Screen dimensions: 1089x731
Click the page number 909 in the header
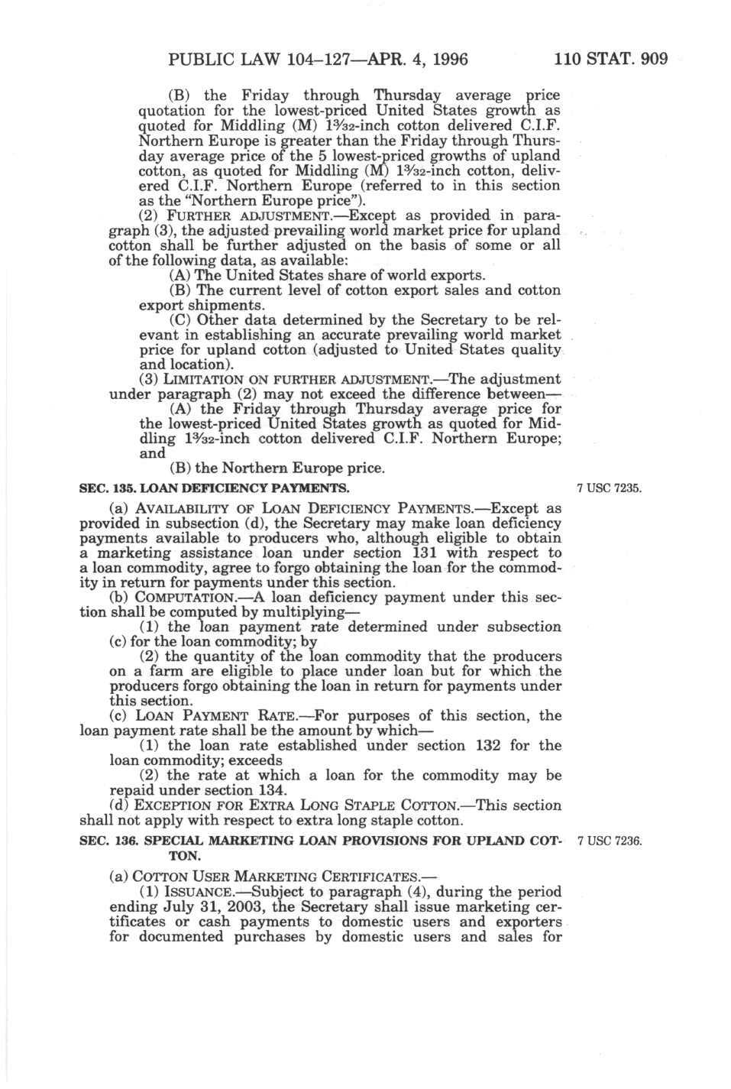pyautogui.click(x=652, y=58)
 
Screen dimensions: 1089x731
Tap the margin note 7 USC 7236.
pyautogui.click(x=610, y=841)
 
